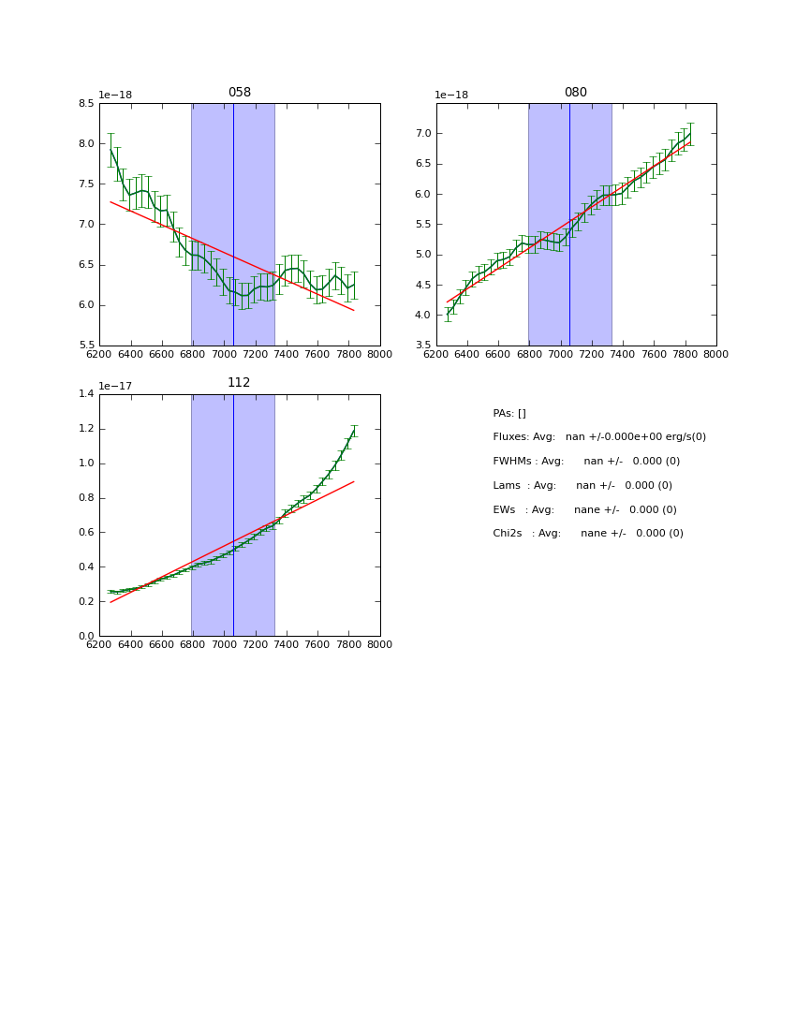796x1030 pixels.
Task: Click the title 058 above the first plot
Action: (240, 93)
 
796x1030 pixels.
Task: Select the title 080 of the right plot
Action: (576, 93)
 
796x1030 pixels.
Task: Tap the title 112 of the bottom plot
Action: (240, 383)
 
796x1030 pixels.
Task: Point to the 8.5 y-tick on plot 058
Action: (86, 104)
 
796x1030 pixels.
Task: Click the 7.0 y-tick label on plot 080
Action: (423, 134)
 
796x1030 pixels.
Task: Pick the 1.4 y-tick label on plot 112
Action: (86, 394)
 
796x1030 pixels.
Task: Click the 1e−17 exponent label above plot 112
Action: (116, 386)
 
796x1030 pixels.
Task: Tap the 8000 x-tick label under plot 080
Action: (716, 354)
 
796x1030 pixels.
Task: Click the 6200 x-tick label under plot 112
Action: (99, 644)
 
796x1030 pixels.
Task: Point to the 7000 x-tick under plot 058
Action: (224, 354)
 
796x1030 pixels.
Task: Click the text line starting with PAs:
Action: (509, 414)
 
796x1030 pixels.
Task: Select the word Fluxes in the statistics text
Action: (510, 437)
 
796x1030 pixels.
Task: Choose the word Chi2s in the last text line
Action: (509, 534)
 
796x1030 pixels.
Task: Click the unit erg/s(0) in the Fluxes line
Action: (680, 437)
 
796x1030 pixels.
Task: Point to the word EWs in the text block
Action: (504, 510)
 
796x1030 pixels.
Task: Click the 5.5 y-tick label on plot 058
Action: (86, 346)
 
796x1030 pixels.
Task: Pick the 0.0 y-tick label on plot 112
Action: (86, 637)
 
